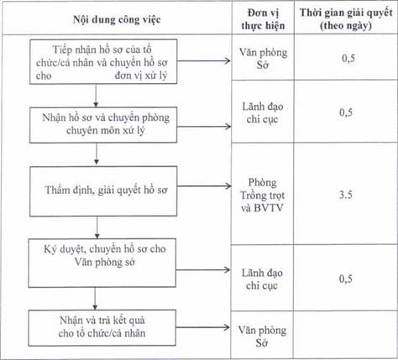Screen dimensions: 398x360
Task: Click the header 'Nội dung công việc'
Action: (x=117, y=19)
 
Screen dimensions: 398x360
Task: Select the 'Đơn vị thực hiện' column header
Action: (x=263, y=19)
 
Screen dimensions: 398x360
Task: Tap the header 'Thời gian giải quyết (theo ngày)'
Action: (x=346, y=19)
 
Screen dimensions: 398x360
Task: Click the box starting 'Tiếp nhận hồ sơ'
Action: (x=103, y=61)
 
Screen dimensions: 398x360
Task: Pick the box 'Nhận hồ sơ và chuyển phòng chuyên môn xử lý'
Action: (x=103, y=125)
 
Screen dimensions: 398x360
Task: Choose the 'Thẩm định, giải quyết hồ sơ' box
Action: (x=103, y=191)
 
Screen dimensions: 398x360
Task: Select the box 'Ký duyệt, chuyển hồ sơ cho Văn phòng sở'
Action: (x=102, y=263)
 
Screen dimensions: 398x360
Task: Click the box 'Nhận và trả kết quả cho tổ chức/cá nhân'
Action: (x=102, y=328)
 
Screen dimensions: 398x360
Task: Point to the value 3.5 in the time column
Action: (x=346, y=195)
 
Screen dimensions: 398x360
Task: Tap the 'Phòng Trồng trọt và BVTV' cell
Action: (x=263, y=195)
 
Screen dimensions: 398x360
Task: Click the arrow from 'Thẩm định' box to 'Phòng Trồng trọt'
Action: (x=204, y=186)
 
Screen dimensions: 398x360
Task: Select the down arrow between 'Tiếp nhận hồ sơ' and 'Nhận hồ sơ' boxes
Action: (x=96, y=96)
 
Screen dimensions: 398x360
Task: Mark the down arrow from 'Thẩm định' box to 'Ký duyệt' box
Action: (x=97, y=227)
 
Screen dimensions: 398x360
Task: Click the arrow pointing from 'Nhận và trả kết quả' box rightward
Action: (x=202, y=327)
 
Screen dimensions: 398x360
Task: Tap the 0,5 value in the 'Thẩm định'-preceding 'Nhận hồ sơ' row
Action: (x=346, y=112)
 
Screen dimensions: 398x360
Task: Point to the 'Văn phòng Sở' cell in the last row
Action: (x=262, y=337)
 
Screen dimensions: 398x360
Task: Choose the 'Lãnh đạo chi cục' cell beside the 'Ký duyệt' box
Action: (x=262, y=279)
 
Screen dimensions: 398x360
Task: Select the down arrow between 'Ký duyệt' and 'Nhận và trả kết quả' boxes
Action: (x=95, y=299)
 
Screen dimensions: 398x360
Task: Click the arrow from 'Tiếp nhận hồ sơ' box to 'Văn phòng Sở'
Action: (x=204, y=60)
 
